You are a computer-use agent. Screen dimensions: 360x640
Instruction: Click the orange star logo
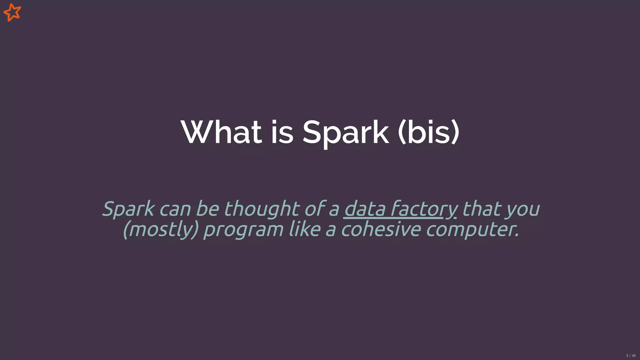pyautogui.click(x=12, y=12)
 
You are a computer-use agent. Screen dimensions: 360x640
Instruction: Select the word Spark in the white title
pyautogui.click(x=346, y=132)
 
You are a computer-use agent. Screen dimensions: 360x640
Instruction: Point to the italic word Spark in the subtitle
pyautogui.click(x=128, y=209)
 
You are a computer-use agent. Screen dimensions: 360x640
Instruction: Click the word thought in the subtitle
pyautogui.click(x=262, y=209)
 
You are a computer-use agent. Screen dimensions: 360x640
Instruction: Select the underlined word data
pyautogui.click(x=365, y=209)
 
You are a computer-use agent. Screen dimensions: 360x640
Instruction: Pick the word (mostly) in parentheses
pyautogui.click(x=161, y=229)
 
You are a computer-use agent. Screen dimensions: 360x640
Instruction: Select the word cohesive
pyautogui.click(x=381, y=229)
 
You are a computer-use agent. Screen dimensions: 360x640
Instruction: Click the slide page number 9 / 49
pyautogui.click(x=631, y=356)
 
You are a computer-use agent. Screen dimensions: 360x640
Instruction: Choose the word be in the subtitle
pyautogui.click(x=207, y=209)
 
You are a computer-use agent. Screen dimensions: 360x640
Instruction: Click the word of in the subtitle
pyautogui.click(x=315, y=209)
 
